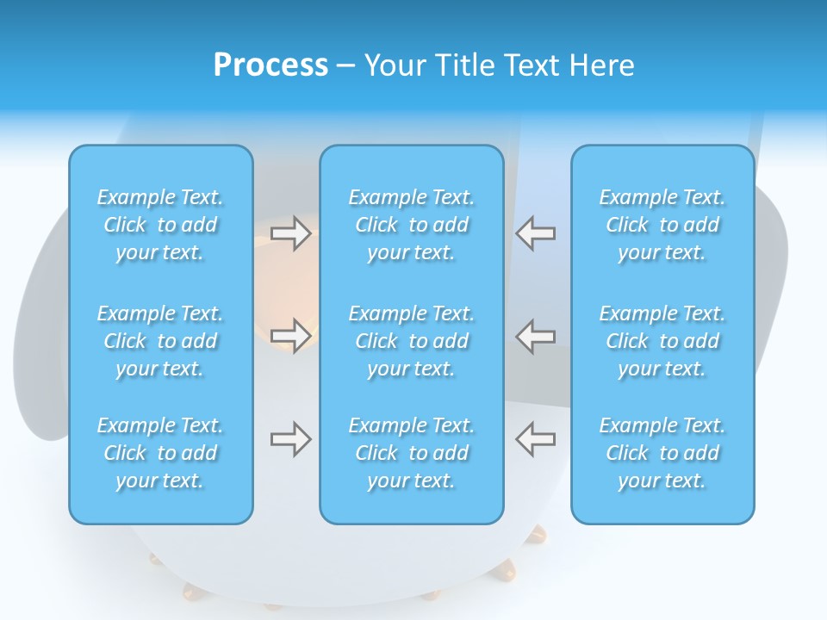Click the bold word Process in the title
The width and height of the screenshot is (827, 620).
tap(270, 65)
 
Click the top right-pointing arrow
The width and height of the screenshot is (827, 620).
tap(291, 233)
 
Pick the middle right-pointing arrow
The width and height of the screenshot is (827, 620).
tap(291, 336)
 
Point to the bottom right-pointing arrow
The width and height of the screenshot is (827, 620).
tap(291, 439)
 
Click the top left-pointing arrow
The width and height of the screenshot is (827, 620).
tap(535, 233)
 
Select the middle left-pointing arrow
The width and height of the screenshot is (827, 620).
tap(535, 336)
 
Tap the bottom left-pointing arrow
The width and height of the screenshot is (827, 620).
tap(535, 439)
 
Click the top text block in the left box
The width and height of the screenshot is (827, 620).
tap(160, 225)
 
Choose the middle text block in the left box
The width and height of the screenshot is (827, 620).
tap(160, 341)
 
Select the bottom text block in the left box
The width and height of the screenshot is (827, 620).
tap(160, 453)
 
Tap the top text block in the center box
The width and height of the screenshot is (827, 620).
tap(411, 225)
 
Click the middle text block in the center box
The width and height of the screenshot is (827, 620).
tap(411, 341)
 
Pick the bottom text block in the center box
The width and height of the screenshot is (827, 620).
tap(411, 453)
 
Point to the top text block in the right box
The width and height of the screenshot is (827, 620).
tap(662, 225)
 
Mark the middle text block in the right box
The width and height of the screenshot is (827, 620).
tap(662, 341)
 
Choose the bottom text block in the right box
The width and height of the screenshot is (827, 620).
tap(662, 453)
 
